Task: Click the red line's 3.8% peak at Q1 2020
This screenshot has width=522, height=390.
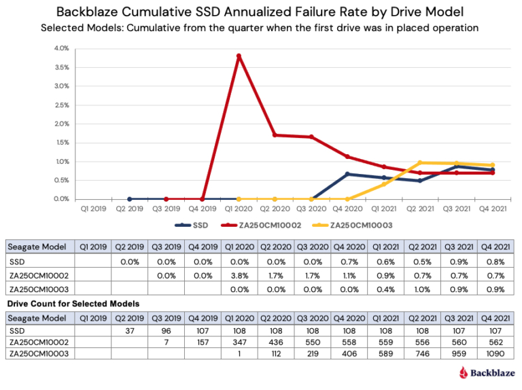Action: (x=239, y=56)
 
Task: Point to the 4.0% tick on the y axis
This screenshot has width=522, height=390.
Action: (x=60, y=49)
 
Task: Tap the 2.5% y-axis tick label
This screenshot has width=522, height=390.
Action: (x=60, y=105)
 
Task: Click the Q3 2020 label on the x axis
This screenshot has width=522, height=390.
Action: (x=312, y=210)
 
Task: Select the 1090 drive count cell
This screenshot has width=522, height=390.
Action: (x=495, y=353)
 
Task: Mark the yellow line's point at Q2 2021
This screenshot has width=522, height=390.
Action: (x=421, y=162)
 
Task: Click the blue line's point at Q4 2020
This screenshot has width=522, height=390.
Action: (x=348, y=174)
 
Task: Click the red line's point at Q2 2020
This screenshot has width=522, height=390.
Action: (x=275, y=135)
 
